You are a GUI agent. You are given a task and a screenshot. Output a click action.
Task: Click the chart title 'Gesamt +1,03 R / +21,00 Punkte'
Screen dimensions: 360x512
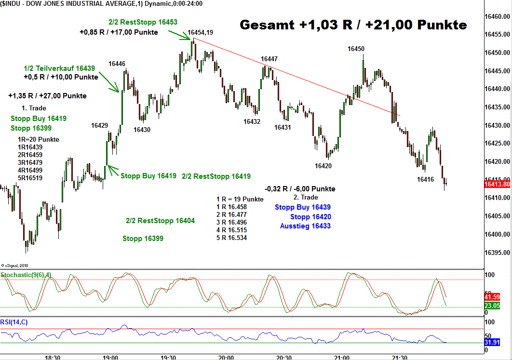[353, 25]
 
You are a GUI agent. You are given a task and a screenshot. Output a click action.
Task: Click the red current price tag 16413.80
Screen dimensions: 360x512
[497, 184]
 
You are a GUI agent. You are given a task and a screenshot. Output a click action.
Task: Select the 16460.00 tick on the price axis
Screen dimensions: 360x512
[498, 16]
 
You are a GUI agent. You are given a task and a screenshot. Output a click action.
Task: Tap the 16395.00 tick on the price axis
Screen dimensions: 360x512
[498, 253]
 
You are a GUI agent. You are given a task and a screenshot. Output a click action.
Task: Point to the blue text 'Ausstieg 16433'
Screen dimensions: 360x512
[305, 226]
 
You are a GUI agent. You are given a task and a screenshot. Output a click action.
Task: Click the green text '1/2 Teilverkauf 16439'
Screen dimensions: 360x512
[59, 68]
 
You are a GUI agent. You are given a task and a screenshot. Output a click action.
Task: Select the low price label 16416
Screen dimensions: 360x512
[425, 179]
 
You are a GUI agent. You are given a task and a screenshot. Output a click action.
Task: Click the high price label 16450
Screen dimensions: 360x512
[356, 49]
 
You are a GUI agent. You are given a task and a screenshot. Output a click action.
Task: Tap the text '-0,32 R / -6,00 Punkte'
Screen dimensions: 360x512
[300, 189]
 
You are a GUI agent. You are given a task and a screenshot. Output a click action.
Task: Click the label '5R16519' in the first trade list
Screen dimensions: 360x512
[30, 178]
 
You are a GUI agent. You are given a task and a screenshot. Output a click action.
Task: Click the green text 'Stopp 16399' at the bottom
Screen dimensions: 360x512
[143, 239]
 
